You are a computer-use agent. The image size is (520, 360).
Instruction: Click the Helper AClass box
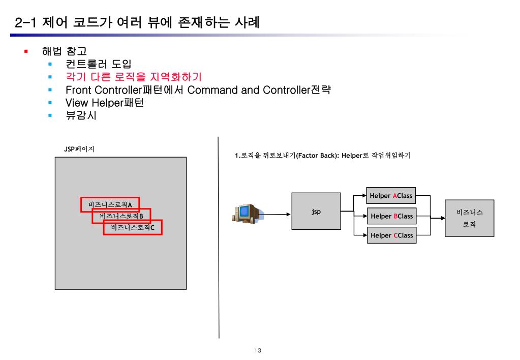click(x=391, y=196)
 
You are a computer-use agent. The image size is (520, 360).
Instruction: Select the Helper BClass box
click(x=391, y=216)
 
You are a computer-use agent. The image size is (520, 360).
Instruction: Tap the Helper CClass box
click(x=391, y=235)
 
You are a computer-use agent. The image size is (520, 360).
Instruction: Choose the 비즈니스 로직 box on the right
click(x=469, y=218)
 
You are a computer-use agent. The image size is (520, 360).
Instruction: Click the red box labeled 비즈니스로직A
click(x=110, y=204)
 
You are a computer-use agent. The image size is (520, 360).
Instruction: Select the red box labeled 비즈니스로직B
click(x=121, y=216)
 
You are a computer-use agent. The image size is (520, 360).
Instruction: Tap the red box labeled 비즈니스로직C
click(x=133, y=227)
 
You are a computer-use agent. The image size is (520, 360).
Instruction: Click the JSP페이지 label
click(x=79, y=149)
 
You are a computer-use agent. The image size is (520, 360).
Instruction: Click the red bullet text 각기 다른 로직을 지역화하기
click(x=134, y=77)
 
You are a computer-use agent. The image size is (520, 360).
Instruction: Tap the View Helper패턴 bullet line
click(x=105, y=103)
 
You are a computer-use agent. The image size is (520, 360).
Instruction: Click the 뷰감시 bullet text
click(x=81, y=116)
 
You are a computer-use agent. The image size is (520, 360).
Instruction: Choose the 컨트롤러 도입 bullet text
click(x=98, y=64)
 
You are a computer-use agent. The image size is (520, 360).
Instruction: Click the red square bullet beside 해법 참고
click(x=26, y=51)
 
